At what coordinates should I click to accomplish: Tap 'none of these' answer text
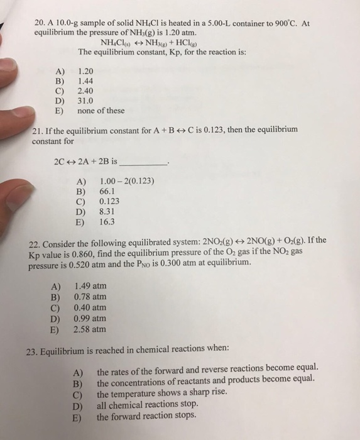[101, 111]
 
